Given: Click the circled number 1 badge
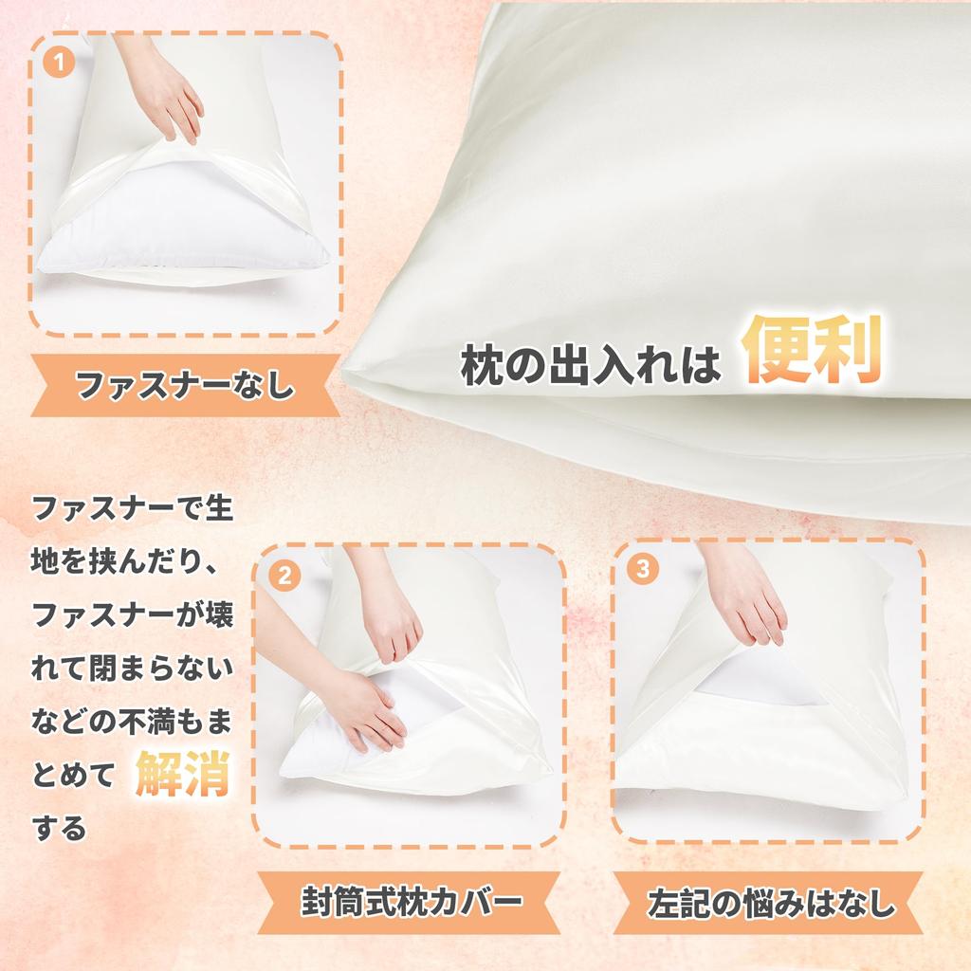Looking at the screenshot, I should [60, 64].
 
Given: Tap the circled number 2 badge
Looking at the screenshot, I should [284, 575].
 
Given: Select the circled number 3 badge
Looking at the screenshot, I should [644, 569].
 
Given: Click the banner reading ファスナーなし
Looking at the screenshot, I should [185, 386].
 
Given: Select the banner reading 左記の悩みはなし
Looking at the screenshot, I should [769, 902].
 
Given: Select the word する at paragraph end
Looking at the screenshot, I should [60, 829].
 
